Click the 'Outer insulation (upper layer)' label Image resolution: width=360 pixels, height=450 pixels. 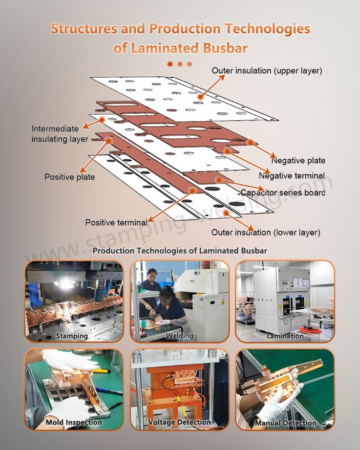click(267, 71)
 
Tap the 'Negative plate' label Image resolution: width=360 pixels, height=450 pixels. click(298, 160)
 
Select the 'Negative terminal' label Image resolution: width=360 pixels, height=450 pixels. click(292, 176)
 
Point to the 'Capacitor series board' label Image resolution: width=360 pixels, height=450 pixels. click(283, 193)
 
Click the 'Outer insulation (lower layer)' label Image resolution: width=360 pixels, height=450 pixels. click(266, 233)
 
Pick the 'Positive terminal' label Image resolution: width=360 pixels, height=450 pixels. click(116, 222)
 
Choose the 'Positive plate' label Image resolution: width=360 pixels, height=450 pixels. click(70, 177)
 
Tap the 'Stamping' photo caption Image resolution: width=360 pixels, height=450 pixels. click(72, 336)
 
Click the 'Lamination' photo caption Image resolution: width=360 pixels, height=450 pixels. click(285, 336)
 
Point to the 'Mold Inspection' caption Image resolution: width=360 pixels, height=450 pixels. click(74, 422)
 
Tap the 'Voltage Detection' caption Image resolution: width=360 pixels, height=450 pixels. click(179, 422)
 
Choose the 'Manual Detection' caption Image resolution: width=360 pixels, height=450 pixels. click(285, 423)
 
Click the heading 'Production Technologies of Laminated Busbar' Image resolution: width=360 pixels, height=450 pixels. click(180, 251)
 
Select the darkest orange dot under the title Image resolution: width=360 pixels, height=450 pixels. click(170, 64)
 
